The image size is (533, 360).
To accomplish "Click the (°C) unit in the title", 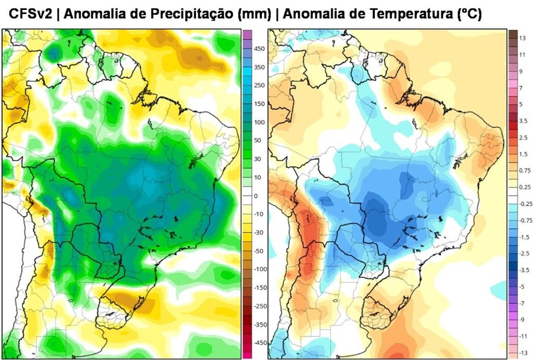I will tap(468, 15).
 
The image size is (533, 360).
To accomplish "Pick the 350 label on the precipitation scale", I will tap(259, 67).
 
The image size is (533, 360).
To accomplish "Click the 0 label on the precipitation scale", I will tap(256, 196).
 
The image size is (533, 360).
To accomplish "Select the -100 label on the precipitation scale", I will tap(260, 269).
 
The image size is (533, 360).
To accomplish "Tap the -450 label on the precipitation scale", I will tap(260, 343).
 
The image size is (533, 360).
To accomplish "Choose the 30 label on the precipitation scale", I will tap(258, 159).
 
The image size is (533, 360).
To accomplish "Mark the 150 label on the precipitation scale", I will tap(259, 104).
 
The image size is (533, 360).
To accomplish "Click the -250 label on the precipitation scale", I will tap(260, 306).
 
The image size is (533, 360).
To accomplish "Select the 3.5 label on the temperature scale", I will tap(523, 120).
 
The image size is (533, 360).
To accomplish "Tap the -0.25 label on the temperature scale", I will tap(526, 204).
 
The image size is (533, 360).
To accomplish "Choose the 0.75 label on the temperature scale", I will tap(525, 170).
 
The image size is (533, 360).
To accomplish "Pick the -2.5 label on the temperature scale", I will tap(524, 253).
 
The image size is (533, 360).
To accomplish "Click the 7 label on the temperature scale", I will tap(521, 88).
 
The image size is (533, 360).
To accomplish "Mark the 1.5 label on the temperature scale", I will tap(523, 154).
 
